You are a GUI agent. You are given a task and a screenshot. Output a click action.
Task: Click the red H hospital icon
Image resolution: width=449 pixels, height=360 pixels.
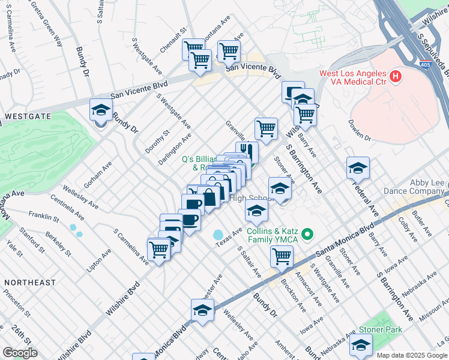click(x=395, y=76)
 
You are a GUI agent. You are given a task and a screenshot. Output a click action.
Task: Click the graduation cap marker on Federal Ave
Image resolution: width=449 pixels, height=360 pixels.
click(x=358, y=169)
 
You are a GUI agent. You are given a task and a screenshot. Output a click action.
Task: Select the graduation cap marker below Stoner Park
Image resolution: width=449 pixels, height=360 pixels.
click(x=361, y=345)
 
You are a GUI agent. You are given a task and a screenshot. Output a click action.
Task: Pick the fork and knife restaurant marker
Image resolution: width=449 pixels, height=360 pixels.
click(x=247, y=152)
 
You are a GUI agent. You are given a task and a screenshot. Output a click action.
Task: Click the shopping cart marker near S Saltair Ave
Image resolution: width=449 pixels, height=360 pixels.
click(x=282, y=257)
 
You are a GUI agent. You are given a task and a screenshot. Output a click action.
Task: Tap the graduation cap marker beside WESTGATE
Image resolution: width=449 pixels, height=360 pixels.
click(x=101, y=111)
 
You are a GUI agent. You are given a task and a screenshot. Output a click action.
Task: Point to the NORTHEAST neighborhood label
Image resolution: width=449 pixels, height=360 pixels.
click(x=29, y=282)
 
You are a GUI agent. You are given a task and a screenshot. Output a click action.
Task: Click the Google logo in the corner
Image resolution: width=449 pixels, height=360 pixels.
click(x=20, y=353)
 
